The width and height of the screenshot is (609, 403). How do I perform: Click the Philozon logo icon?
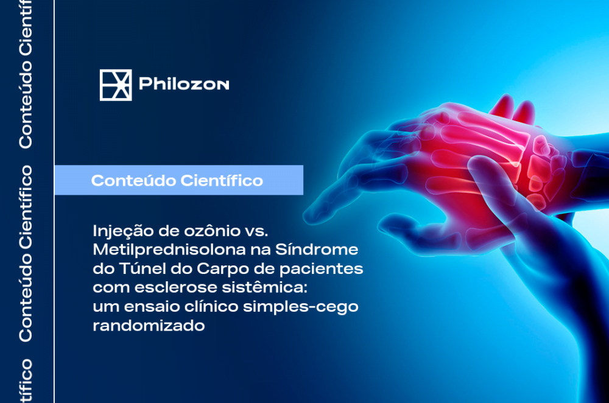click(116, 85)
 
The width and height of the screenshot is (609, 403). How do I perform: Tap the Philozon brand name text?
click(184, 85)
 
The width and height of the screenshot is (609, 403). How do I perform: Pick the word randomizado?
click(148, 325)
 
